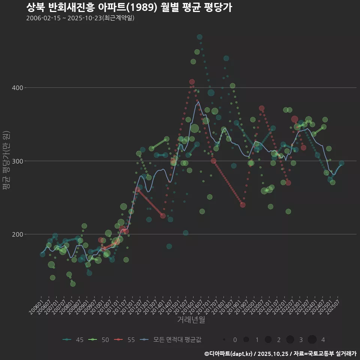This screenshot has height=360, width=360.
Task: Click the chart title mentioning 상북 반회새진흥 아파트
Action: point(129,7)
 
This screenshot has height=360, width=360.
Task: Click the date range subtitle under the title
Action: point(80,18)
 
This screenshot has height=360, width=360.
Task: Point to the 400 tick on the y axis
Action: point(18,88)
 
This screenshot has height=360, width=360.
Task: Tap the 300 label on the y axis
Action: point(18,161)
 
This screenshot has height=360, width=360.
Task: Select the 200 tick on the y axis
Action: point(18,234)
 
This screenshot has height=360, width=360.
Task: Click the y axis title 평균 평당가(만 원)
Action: point(6,161)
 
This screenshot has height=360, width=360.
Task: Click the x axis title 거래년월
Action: point(191,320)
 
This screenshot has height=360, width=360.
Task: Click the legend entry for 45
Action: point(73,340)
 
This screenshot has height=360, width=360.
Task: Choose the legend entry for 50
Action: point(99,340)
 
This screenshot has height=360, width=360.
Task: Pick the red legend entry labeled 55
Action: point(125,340)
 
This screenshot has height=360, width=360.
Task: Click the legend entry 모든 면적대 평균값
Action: point(171,340)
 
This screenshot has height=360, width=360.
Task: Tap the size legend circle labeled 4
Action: point(312,340)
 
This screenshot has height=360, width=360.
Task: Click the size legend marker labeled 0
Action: point(224,340)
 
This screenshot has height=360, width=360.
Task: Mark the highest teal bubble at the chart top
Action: point(199,37)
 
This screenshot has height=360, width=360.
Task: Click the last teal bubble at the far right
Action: point(341,163)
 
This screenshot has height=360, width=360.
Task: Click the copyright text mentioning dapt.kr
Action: point(280,354)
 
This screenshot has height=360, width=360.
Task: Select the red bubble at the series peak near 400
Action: point(192,82)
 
